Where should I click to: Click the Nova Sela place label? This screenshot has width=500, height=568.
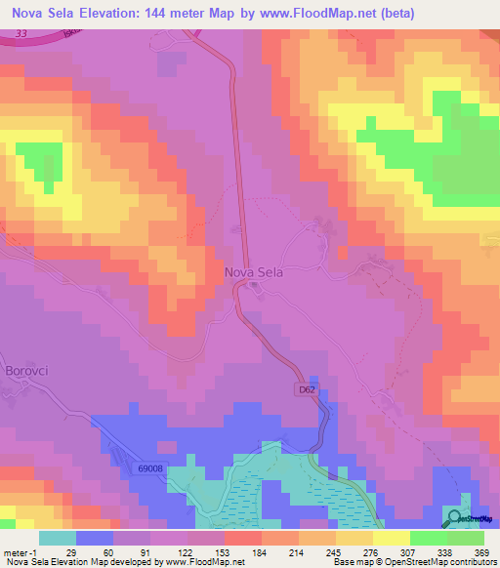tap(254, 273)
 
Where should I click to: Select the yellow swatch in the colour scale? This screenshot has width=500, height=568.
tap(390, 538)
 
